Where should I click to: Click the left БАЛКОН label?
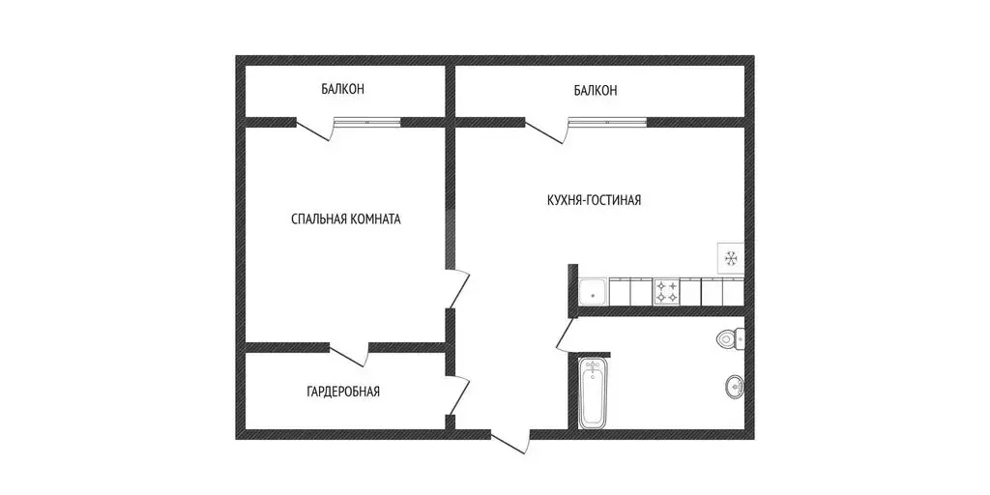click(x=343, y=90)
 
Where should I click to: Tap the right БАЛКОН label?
click(x=595, y=91)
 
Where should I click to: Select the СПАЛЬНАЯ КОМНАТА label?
click(x=345, y=219)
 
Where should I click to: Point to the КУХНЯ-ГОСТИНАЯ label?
click(x=594, y=200)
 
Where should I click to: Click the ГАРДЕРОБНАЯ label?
click(x=343, y=392)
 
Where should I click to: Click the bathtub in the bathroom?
click(x=592, y=393)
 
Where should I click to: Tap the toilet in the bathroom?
click(x=730, y=339)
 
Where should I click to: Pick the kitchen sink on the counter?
click(x=592, y=291)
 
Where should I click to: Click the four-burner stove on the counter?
click(x=666, y=291)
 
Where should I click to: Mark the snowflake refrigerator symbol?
click(x=731, y=257)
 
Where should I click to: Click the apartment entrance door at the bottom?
click(x=510, y=440)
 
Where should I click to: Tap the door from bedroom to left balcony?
click(x=314, y=130)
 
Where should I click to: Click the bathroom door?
click(x=566, y=337)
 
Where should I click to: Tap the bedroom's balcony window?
click(x=367, y=122)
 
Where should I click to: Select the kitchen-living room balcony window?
click(x=607, y=122)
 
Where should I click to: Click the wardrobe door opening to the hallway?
click(x=460, y=397)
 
